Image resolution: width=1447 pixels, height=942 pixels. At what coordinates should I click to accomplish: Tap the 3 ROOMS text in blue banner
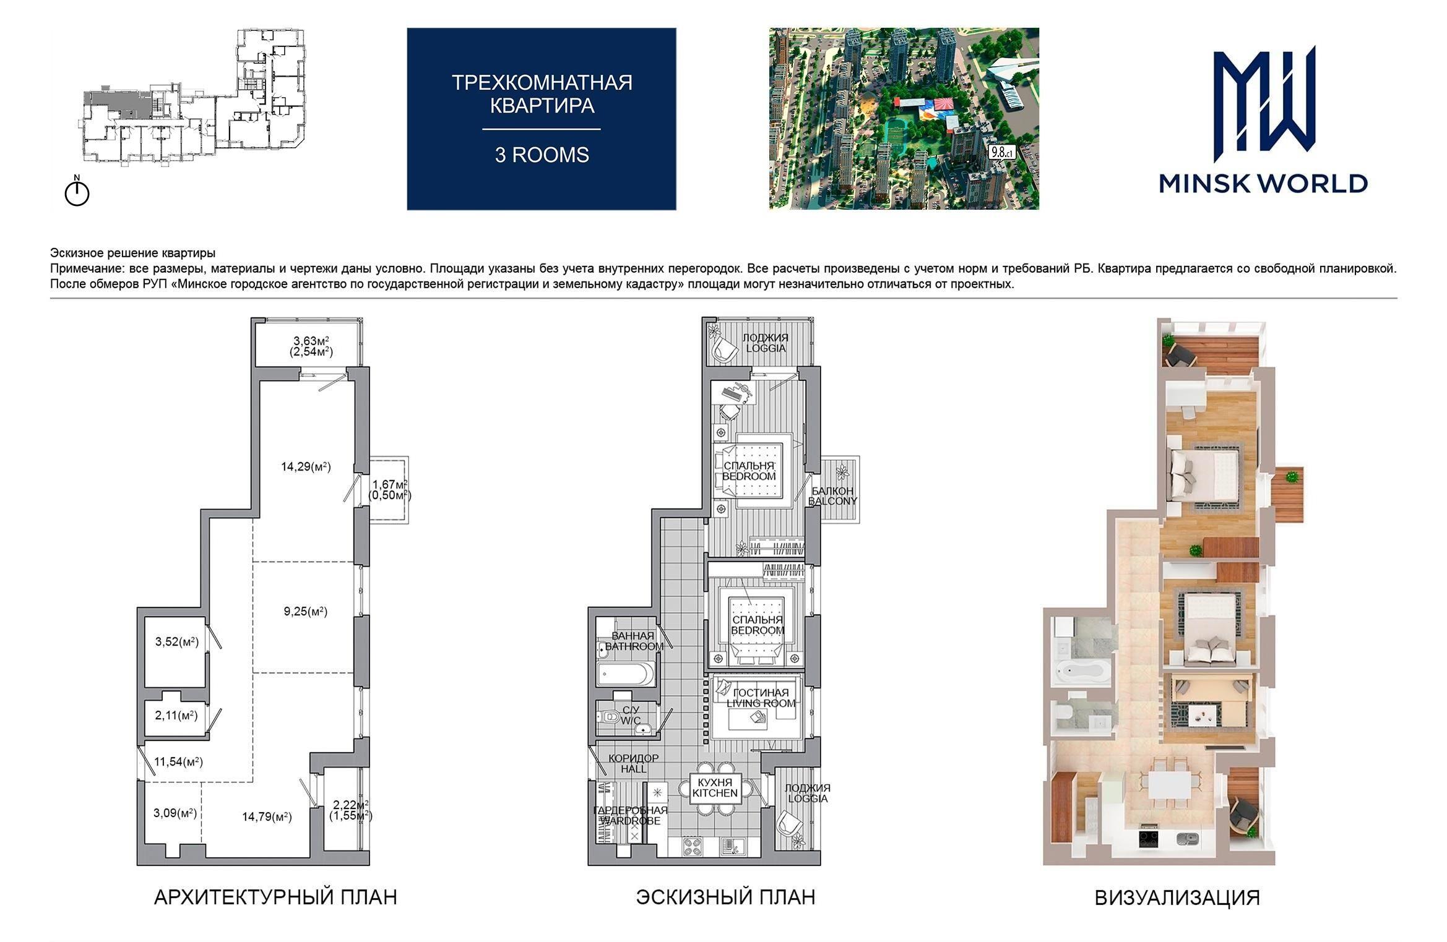(542, 155)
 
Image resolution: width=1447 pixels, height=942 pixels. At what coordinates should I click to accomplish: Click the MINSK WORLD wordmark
(1263, 183)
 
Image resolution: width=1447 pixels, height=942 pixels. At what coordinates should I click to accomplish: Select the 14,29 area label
(306, 466)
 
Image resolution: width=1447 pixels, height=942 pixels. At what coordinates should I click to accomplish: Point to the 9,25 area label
(306, 611)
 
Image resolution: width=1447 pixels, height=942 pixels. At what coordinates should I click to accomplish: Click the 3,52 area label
(176, 641)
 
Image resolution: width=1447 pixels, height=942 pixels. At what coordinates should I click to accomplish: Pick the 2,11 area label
(176, 715)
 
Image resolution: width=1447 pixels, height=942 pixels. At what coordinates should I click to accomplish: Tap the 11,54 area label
(178, 761)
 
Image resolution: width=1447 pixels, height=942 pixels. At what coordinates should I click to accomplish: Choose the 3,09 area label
(175, 813)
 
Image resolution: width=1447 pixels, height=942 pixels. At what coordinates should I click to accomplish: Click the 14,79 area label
(267, 816)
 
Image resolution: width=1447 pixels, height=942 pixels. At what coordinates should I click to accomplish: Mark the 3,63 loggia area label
(311, 346)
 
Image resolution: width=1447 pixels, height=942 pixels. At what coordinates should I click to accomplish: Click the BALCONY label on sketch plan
(833, 501)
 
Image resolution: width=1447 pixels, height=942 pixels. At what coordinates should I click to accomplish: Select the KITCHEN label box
(715, 787)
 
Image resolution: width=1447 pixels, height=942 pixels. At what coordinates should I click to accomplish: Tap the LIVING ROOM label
(761, 703)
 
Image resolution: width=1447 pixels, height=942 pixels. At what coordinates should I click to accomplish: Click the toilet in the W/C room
(611, 717)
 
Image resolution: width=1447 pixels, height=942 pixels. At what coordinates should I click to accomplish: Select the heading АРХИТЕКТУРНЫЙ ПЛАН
(275, 897)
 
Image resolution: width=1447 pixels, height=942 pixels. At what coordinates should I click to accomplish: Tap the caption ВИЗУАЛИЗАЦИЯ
(1177, 897)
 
